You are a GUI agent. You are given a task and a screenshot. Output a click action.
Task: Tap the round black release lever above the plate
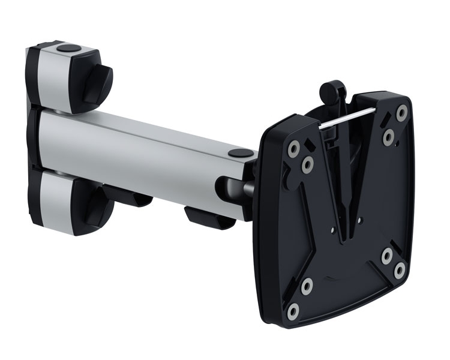(x=328, y=92)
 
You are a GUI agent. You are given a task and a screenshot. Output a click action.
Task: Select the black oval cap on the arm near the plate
(x=238, y=154)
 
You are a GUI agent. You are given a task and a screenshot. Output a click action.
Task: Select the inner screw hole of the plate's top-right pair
(x=389, y=136)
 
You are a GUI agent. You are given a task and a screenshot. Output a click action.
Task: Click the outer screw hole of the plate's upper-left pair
(x=294, y=146)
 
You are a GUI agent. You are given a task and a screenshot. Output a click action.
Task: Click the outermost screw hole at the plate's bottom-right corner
(x=399, y=271)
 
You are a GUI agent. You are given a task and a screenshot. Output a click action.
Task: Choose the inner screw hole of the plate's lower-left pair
(x=307, y=286)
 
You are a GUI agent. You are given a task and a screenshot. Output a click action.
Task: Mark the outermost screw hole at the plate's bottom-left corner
(x=293, y=310)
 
